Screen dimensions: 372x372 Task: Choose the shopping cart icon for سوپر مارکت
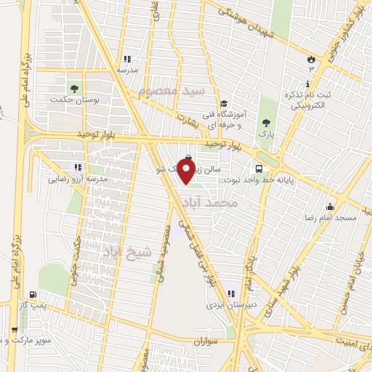[x=15, y=330]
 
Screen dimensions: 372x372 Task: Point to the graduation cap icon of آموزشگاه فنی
[x=224, y=103]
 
